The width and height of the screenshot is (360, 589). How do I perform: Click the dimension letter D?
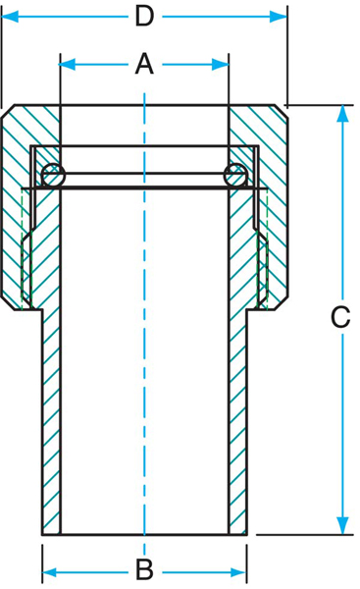[x=144, y=17]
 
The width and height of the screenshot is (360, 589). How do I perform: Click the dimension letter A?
[x=144, y=64]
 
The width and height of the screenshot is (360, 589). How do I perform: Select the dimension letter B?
[x=144, y=569]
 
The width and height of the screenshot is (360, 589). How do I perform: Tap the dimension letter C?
[x=340, y=317]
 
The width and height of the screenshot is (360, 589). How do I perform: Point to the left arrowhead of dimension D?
[x=10, y=17]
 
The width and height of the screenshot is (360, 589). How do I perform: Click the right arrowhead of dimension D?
[x=279, y=17]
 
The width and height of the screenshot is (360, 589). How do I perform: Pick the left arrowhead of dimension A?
[x=67, y=64]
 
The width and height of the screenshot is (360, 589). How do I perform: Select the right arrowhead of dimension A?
[x=221, y=64]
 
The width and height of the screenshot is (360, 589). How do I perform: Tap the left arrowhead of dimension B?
[x=51, y=573]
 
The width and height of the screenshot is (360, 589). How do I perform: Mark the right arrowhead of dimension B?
[x=238, y=573]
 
